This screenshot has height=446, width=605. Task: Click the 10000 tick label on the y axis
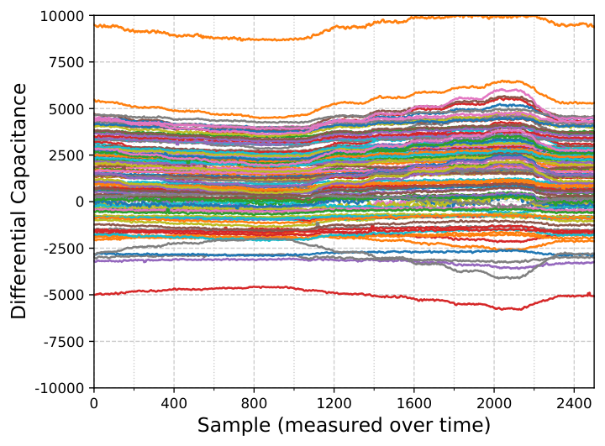[61, 16]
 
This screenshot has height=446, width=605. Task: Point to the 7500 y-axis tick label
[66, 62]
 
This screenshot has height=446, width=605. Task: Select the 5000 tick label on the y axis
[66, 109]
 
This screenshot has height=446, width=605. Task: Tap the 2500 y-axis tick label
[66, 155]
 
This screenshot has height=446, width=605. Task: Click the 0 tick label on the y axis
[80, 202]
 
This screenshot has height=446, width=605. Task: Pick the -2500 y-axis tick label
[64, 249]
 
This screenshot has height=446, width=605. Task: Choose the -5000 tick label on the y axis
[64, 295]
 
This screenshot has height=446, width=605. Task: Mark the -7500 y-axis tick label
[64, 342]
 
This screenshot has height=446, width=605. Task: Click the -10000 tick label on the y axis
[60, 388]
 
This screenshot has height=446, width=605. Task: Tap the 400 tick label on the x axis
[174, 403]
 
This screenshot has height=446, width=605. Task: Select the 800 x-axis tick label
[254, 403]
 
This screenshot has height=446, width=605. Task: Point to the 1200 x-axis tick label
[334, 403]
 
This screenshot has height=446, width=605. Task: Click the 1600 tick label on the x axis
[413, 403]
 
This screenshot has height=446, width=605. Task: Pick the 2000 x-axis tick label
[494, 403]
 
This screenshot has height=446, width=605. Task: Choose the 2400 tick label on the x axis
[574, 403]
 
